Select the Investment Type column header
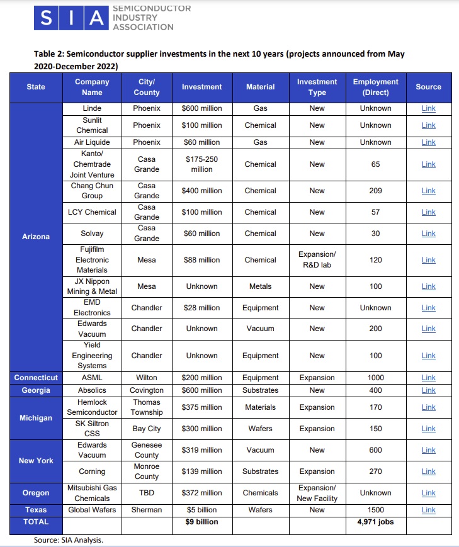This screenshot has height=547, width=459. (317, 87)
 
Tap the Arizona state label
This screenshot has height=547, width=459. (36, 237)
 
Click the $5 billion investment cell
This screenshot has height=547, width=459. (201, 510)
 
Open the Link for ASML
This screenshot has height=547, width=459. (428, 378)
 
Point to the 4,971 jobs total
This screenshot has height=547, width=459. (375, 522)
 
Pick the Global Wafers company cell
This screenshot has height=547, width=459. (92, 510)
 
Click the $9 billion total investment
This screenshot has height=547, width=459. (201, 522)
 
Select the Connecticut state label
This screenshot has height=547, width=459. (36, 378)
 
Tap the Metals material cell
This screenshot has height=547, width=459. (260, 286)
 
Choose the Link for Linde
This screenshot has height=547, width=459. (428, 108)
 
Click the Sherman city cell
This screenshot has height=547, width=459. (147, 510)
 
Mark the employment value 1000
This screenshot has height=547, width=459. (375, 378)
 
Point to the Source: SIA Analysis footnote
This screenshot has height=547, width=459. (68, 540)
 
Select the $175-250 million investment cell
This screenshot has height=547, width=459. (201, 164)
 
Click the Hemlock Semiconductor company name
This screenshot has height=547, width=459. (92, 407)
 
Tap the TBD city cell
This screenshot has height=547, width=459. (147, 493)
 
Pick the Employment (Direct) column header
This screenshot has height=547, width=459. (375, 87)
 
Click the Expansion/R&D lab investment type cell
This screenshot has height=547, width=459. (317, 260)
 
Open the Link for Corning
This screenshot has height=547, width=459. (428, 471)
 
